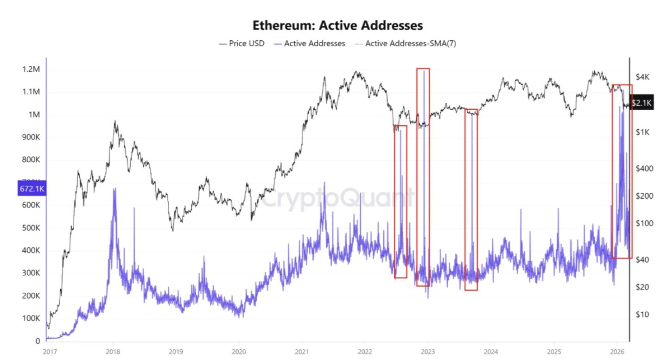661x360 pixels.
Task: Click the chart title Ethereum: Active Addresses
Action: (337, 25)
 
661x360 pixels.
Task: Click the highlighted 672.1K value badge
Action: (32, 189)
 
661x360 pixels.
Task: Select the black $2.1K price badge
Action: (642, 103)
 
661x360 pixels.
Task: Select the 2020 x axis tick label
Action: (238, 351)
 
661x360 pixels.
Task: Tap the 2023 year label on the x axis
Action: (428, 351)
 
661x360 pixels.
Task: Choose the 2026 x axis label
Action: (617, 351)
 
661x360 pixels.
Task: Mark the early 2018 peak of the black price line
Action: (114, 121)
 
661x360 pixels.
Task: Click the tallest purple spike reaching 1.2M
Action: (424, 70)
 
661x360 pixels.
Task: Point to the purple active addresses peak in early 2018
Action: (114, 189)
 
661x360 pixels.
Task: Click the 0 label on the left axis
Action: (38, 341)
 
